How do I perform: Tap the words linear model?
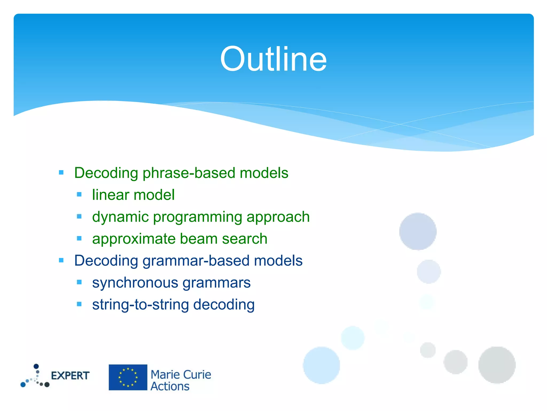(133, 195)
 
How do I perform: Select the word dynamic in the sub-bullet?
(120, 217)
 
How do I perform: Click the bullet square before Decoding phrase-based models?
(61, 173)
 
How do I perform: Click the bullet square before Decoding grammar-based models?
(61, 260)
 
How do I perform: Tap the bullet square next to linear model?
(79, 195)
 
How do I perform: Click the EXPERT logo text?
(70, 376)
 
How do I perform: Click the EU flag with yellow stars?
(128, 377)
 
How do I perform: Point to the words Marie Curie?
(181, 375)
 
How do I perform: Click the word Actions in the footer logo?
(170, 386)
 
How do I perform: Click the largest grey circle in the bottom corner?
(497, 365)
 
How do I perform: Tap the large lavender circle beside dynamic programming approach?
(418, 231)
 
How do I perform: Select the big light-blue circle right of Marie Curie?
(322, 365)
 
